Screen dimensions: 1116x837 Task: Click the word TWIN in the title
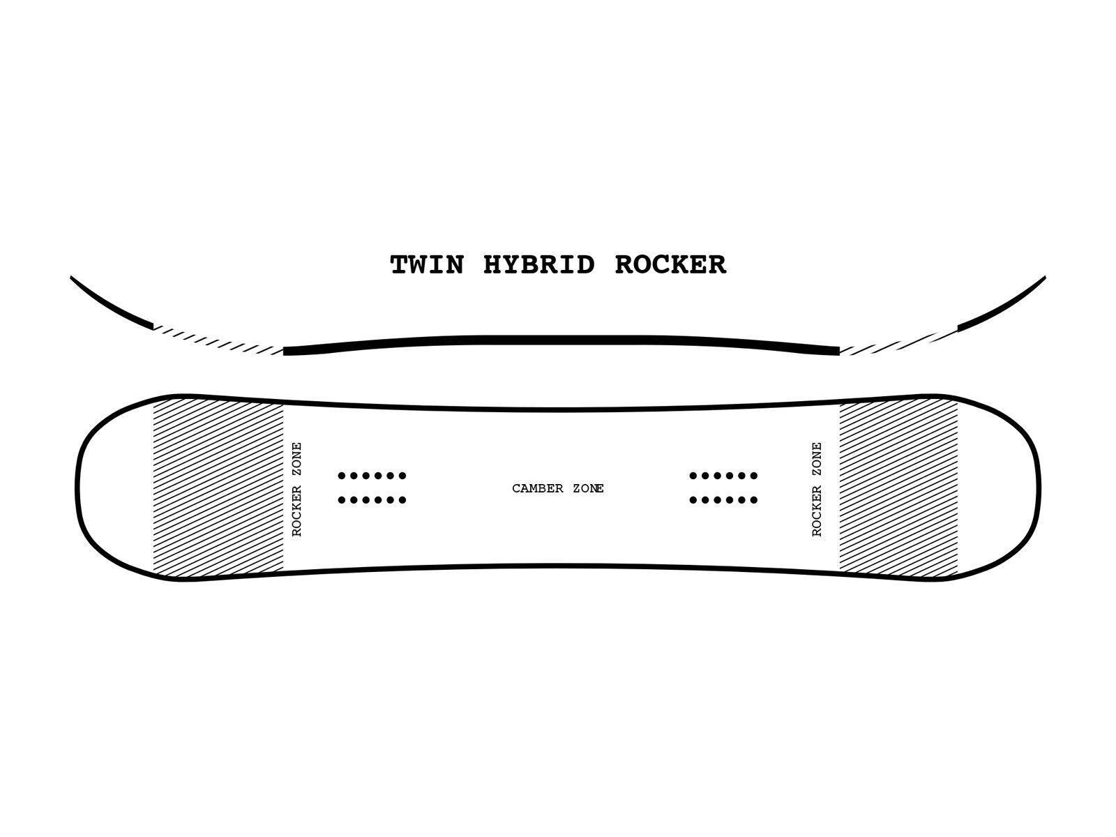pyautogui.click(x=427, y=265)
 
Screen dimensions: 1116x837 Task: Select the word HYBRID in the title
pyautogui.click(x=539, y=265)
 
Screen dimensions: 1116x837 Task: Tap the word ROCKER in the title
pyautogui.click(x=670, y=265)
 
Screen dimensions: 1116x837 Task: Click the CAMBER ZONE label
pyautogui.click(x=558, y=488)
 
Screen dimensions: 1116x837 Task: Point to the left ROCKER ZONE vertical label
pyautogui.click(x=296, y=489)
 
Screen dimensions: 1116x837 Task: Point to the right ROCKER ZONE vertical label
pyautogui.click(x=817, y=489)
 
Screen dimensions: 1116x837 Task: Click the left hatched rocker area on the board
pyautogui.click(x=218, y=488)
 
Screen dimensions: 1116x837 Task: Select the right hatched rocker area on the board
pyautogui.click(x=898, y=488)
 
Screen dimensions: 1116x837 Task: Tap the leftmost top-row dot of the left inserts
pyautogui.click(x=342, y=476)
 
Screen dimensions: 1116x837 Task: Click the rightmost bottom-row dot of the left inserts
pyautogui.click(x=402, y=500)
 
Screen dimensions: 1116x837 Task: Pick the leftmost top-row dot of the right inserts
pyautogui.click(x=693, y=476)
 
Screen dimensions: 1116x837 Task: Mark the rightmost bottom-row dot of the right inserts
pyautogui.click(x=754, y=500)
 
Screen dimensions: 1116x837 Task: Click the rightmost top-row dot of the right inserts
pyautogui.click(x=754, y=476)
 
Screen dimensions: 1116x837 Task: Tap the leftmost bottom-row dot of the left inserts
pyautogui.click(x=342, y=500)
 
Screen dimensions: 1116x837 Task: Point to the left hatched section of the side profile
pyautogui.click(x=218, y=340)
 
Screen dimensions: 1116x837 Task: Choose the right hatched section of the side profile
pyautogui.click(x=898, y=342)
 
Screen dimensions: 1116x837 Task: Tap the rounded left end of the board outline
pyautogui.click(x=77, y=488)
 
